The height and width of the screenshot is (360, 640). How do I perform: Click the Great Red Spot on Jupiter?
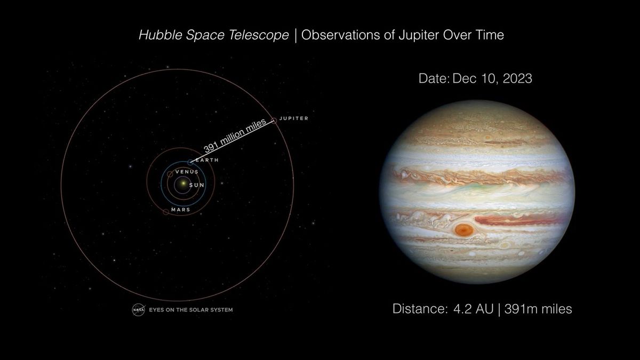465,230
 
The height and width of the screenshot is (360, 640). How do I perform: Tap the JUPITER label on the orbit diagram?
294,118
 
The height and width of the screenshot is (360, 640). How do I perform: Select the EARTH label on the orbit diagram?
207,160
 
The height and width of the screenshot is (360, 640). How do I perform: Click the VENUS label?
187,172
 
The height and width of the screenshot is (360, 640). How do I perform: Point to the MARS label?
181,210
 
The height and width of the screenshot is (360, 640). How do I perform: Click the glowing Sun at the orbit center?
183,184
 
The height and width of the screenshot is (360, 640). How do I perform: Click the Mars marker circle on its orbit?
165,212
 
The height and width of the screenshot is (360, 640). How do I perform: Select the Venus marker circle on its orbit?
170,174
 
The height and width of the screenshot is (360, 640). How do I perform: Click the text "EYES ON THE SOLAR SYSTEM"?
190,309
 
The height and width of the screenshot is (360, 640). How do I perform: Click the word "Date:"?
434,78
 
